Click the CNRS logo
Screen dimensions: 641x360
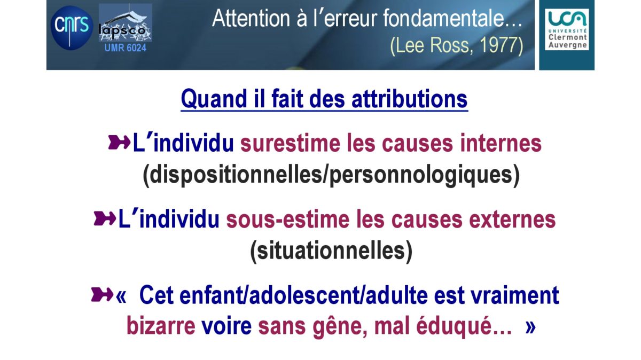pyautogui.click(x=72, y=27)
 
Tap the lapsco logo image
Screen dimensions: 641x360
pyautogui.click(x=126, y=22)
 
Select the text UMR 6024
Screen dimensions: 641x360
pyautogui.click(x=126, y=48)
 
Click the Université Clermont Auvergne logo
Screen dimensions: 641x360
pyautogui.click(x=567, y=29)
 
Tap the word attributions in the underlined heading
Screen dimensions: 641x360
pyautogui.click(x=410, y=99)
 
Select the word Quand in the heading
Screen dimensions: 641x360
pyautogui.click(x=214, y=99)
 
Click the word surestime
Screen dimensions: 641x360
pyautogui.click(x=290, y=143)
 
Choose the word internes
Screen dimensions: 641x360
pyautogui.click(x=501, y=143)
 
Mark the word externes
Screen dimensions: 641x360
pyautogui.click(x=512, y=220)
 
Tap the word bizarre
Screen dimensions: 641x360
pyautogui.click(x=161, y=326)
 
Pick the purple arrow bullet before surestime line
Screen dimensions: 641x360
pyautogui.click(x=119, y=142)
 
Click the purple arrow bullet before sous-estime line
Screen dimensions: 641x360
pyautogui.click(x=105, y=218)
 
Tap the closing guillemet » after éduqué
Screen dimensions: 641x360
pyautogui.click(x=530, y=327)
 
